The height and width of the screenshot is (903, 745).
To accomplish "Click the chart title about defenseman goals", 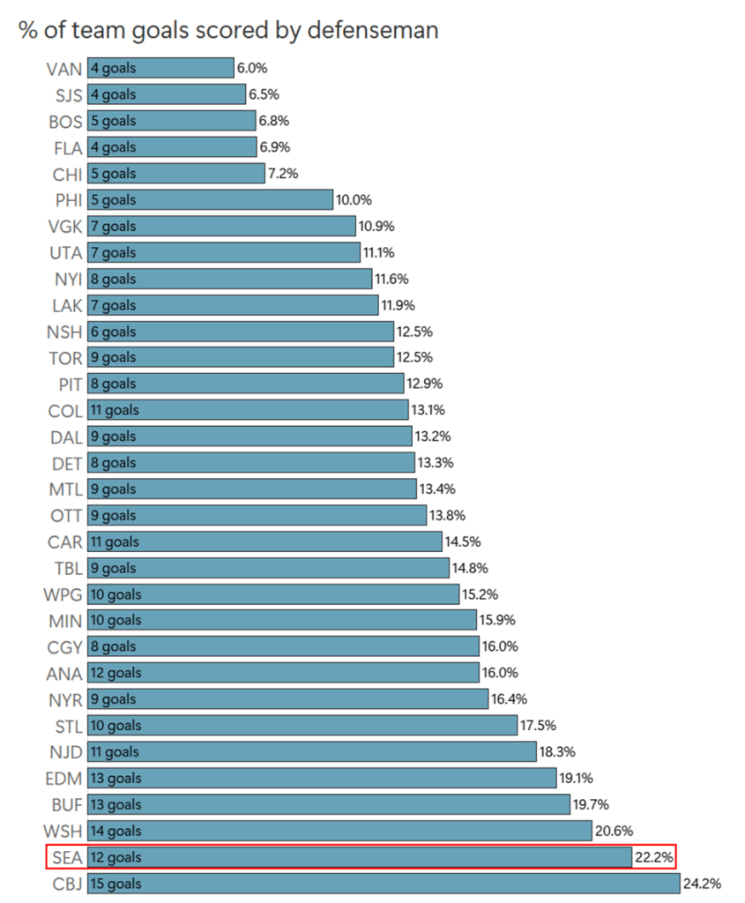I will tap(228, 30).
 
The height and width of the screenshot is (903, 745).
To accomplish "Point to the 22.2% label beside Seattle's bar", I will tap(652, 856).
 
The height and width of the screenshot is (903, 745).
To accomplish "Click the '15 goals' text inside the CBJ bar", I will tap(115, 883).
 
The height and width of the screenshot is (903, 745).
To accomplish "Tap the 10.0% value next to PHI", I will tap(354, 199).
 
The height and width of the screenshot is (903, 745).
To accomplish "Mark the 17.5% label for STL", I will tap(537, 725).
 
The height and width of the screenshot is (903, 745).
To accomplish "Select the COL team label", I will tap(65, 410).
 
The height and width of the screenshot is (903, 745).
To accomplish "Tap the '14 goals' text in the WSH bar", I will tap(115, 831).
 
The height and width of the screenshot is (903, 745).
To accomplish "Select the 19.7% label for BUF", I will tap(590, 804).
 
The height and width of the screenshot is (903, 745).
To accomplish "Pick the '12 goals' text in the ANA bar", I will tap(115, 673).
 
